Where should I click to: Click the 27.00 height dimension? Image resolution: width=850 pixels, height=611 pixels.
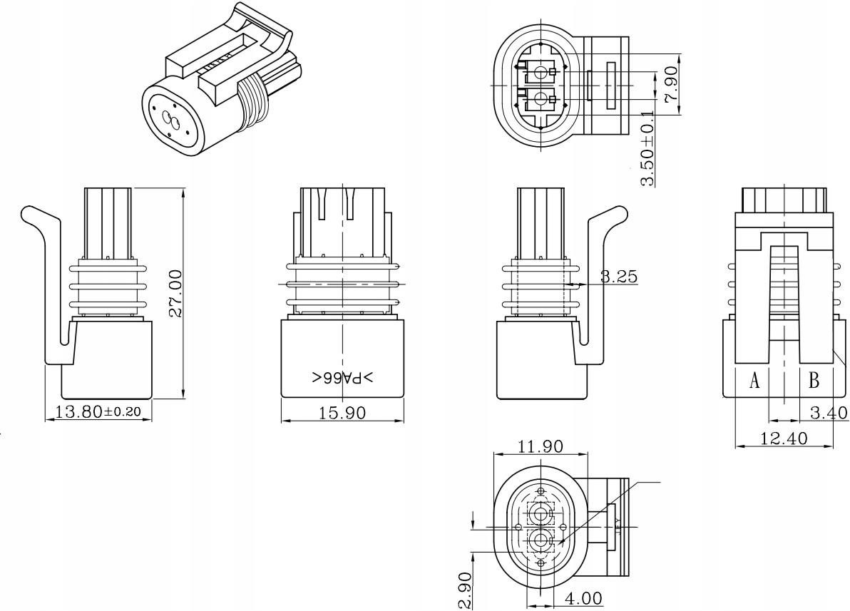(175, 292)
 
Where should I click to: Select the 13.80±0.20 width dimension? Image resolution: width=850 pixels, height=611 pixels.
(98, 411)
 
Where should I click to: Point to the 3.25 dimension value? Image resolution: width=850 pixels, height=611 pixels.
(618, 277)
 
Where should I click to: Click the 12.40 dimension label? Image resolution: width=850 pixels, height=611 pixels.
(784, 438)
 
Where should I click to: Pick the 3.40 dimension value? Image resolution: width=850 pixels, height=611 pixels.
(829, 412)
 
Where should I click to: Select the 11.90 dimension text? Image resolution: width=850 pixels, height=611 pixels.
(540, 446)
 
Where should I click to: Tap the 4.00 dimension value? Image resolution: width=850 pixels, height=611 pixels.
(583, 597)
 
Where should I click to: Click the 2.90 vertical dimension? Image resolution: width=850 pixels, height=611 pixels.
(464, 590)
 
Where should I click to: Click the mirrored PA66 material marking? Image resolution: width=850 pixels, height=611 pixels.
(343, 377)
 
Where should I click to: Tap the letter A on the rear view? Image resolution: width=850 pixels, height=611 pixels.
(754, 381)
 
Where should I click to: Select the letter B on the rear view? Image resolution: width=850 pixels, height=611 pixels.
(814, 381)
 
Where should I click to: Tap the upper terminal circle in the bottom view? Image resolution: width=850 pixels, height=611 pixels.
(541, 513)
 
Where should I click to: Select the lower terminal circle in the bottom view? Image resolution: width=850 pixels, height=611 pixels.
(541, 540)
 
